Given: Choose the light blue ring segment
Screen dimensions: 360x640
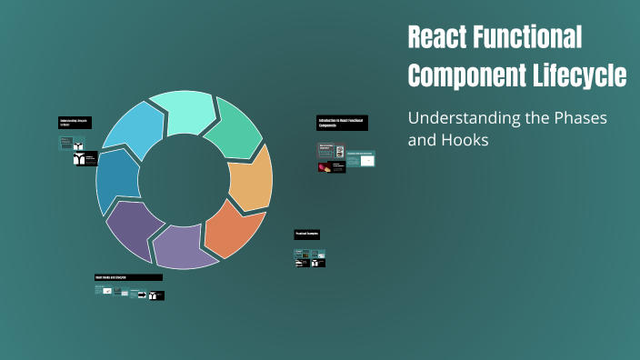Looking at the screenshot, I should pos(133,131).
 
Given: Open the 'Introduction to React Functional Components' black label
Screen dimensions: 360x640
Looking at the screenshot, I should pos(342,123).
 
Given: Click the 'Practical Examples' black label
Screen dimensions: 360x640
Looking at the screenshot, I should pos(306,235).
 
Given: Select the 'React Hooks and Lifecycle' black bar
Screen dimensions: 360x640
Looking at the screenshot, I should pos(127,277).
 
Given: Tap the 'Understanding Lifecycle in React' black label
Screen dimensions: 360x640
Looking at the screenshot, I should pos(75,122).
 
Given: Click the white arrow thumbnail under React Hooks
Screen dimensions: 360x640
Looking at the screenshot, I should pos(142,295).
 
